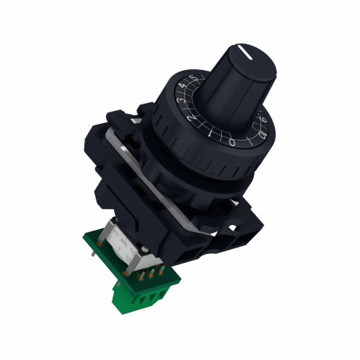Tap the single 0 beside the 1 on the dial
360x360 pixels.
click(231, 143)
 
